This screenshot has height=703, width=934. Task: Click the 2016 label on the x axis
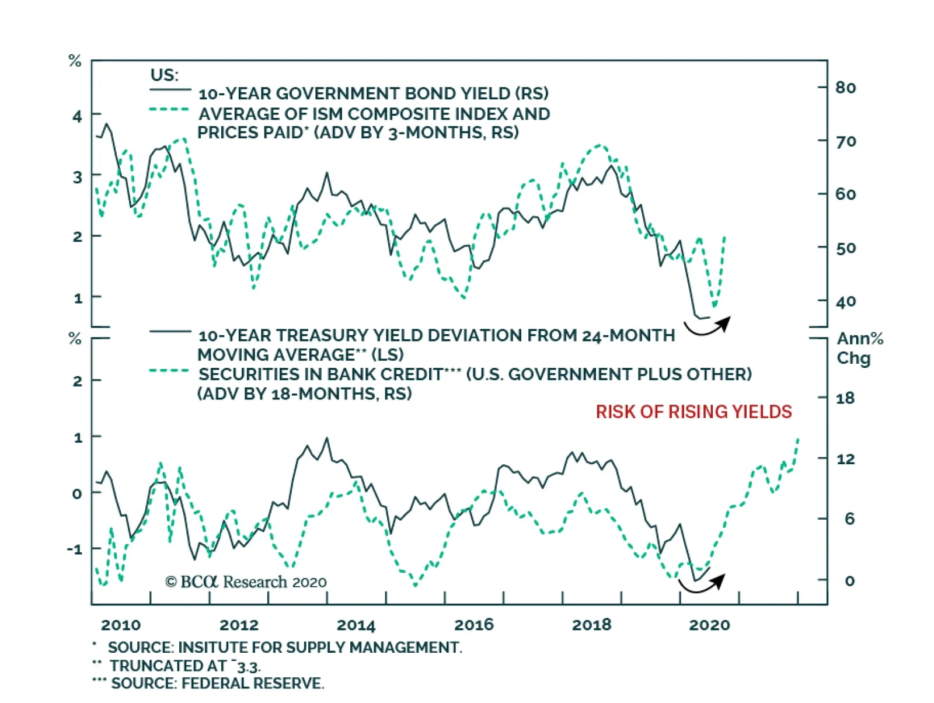pyautogui.click(x=473, y=625)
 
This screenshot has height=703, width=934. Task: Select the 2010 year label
pyautogui.click(x=121, y=625)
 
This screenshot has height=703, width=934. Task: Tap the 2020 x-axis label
pyautogui.click(x=709, y=625)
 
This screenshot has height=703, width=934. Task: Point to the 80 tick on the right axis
pyautogui.click(x=845, y=88)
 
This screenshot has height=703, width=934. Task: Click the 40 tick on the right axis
pyautogui.click(x=845, y=302)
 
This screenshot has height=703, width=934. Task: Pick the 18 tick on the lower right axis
pyautogui.click(x=845, y=398)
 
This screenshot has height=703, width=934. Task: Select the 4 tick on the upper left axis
pyautogui.click(x=78, y=116)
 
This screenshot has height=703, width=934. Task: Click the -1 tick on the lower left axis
pyautogui.click(x=75, y=549)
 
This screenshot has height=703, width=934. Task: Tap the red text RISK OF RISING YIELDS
pyautogui.click(x=693, y=412)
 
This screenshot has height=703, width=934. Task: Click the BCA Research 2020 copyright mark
pyautogui.click(x=246, y=582)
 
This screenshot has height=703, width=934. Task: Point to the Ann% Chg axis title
pyautogui.click(x=859, y=348)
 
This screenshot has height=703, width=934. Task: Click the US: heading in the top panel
pyautogui.click(x=164, y=75)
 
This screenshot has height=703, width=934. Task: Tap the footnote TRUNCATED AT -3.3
pyautogui.click(x=184, y=666)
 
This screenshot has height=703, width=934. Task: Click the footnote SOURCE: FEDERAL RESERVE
pyautogui.click(x=217, y=683)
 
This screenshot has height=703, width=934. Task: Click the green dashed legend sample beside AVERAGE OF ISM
pyautogui.click(x=169, y=110)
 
